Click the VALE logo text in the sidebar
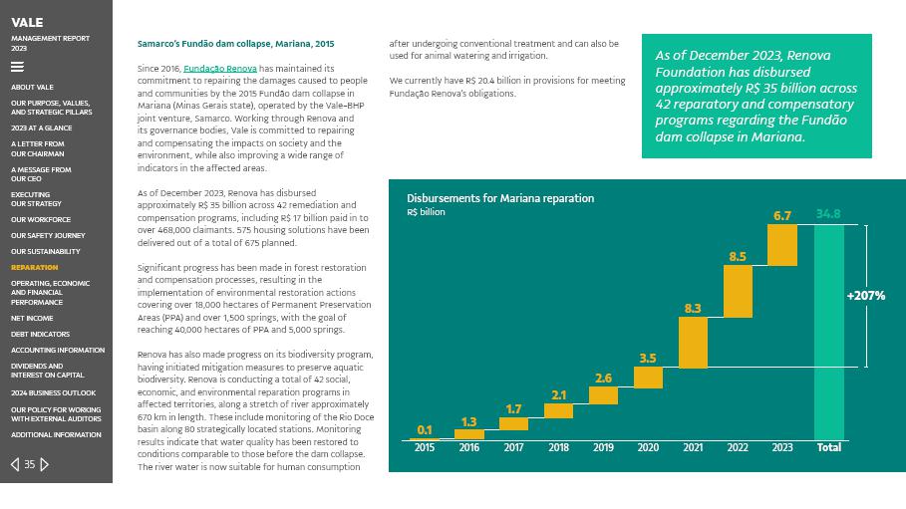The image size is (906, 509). pos(27,22)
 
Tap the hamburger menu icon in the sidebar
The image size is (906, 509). pos(17,68)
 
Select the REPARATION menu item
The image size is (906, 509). pos(35,267)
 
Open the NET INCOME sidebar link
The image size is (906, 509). pos(32,318)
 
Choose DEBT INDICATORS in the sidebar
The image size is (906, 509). pos(40,334)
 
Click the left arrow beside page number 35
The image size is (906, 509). pos(15,464)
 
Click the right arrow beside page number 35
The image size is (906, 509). pos(45,464)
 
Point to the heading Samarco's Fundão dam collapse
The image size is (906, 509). pos(235,44)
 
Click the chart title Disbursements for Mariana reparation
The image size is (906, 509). pos(499,198)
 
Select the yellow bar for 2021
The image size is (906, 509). pos(693,342)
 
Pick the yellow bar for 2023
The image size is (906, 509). pos(782,244)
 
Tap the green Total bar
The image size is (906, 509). pos(828,332)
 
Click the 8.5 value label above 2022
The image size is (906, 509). pos(738,256)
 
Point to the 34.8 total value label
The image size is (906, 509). pos(828,214)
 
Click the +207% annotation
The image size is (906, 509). pos(865,296)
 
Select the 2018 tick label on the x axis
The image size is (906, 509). pos(558,448)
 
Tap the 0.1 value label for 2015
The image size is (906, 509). pos(425,430)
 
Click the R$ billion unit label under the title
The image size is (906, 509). pos(426,212)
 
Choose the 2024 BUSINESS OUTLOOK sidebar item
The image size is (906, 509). pos(54,392)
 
